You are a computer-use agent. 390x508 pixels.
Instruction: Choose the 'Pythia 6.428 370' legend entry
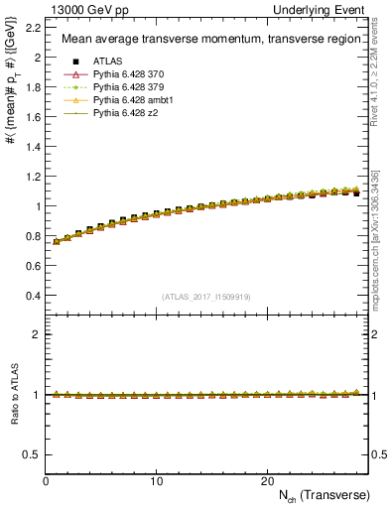coord(132,74)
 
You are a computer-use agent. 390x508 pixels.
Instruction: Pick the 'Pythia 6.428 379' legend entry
coord(132,87)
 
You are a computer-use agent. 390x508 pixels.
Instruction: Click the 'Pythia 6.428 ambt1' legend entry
coord(136,100)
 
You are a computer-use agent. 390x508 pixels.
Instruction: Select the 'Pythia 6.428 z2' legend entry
coord(129,113)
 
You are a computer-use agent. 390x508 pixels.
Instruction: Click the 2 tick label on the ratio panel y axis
coord(37,334)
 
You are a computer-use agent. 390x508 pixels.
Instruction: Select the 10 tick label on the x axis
coord(156,480)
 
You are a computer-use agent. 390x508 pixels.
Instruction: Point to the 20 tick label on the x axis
coord(266,480)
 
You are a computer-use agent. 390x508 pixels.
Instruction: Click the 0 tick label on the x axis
coord(46,480)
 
